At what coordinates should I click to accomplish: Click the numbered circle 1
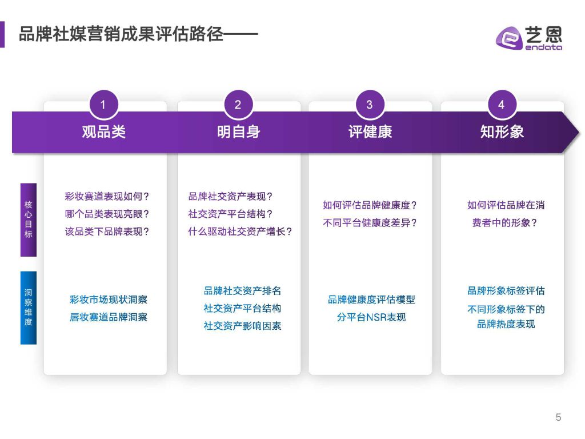pos(103,105)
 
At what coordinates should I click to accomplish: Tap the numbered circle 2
pos(238,105)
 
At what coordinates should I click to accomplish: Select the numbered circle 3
pos(370,105)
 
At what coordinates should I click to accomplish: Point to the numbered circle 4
pos(502,105)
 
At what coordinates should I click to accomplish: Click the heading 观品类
pos(104,132)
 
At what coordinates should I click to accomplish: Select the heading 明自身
pos(238,132)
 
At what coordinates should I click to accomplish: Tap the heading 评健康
pos(370,132)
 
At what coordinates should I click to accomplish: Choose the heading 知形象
pos(502,132)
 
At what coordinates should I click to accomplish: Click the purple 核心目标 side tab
pos(29,219)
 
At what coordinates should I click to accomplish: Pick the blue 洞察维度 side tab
pos(29,308)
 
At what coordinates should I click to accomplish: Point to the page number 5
pos(558,417)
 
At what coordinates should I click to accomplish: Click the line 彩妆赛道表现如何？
pos(107,197)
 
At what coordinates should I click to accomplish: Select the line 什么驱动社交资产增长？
pos(240,232)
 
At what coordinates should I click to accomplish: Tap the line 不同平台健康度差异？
pos(370,223)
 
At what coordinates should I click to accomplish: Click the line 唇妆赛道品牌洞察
pos(109,317)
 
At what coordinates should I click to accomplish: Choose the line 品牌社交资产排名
pos(242,291)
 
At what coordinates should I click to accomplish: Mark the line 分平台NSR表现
pos(371,317)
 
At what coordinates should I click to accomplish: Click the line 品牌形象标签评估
pos(506,291)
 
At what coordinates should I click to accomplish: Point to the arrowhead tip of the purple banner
pos(579,132)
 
